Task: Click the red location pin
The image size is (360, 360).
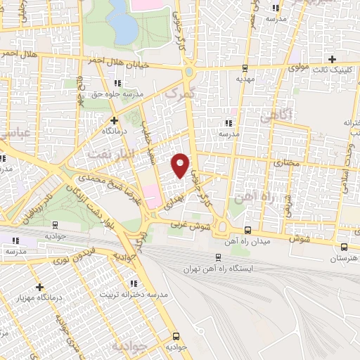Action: point(181,165)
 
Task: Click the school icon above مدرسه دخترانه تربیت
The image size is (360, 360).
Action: point(134,283)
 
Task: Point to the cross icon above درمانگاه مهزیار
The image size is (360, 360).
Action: point(39,287)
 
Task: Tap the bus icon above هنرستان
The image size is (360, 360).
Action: point(344,247)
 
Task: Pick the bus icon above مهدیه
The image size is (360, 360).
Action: point(245,68)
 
